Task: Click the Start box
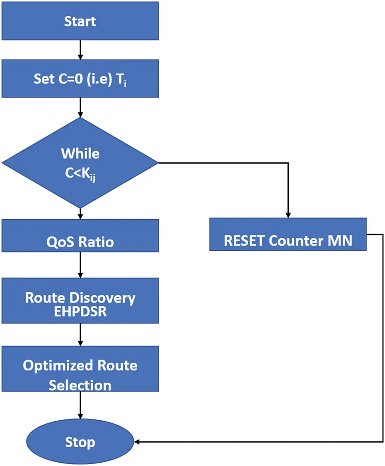pyautogui.click(x=80, y=21)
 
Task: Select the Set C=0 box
pyautogui.click(x=80, y=78)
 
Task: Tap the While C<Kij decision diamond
pyautogui.click(x=80, y=163)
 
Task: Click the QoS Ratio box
pyautogui.click(x=80, y=236)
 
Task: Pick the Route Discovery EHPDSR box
pyautogui.click(x=80, y=301)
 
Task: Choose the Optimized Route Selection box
pyautogui.click(x=80, y=369)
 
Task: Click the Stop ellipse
pyautogui.click(x=80, y=442)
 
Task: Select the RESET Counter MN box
pyautogui.click(x=288, y=234)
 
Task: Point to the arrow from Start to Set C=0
pyautogui.click(x=80, y=50)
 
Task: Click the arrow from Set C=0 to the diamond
pyautogui.click(x=80, y=107)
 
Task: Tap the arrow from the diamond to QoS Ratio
pyautogui.click(x=80, y=214)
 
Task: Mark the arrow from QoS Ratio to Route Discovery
pyautogui.click(x=80, y=265)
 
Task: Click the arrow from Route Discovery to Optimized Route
pyautogui.click(x=80, y=335)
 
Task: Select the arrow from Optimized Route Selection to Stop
pyautogui.click(x=80, y=405)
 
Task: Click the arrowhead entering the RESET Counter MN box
pyautogui.click(x=288, y=215)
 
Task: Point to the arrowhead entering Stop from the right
pyautogui.click(x=137, y=442)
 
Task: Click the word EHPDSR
pyautogui.click(x=80, y=312)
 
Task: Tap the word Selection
pyautogui.click(x=80, y=386)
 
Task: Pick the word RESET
pyautogui.click(x=244, y=240)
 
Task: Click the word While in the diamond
pyautogui.click(x=80, y=154)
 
